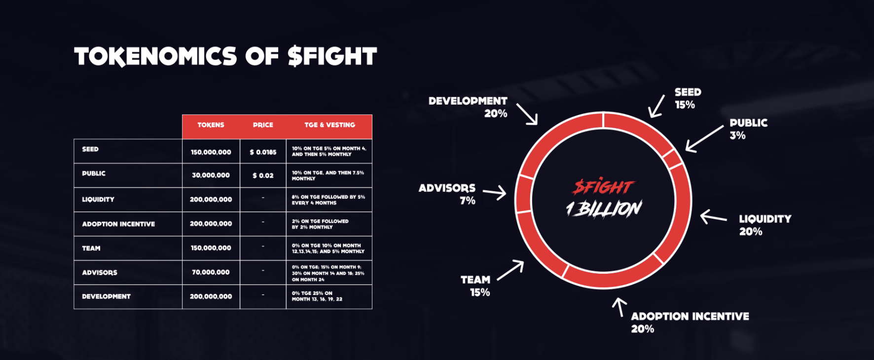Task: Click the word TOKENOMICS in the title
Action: click(x=155, y=56)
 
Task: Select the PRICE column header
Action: click(x=263, y=125)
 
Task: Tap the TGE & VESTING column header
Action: click(x=329, y=125)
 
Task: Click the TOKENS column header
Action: click(x=211, y=125)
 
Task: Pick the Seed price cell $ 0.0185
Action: click(x=263, y=152)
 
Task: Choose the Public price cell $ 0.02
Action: click(x=263, y=176)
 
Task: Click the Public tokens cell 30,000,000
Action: click(x=211, y=175)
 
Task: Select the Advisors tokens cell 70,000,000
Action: click(x=211, y=272)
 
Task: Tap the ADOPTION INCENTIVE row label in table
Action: click(x=118, y=224)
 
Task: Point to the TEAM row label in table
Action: click(x=91, y=248)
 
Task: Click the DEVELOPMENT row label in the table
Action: click(x=106, y=296)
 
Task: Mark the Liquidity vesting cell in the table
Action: click(x=328, y=200)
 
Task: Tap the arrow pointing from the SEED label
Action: click(x=656, y=106)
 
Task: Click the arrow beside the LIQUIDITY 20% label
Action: click(x=713, y=217)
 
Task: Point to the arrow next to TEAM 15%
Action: click(x=510, y=270)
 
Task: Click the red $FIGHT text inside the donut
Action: click(x=603, y=186)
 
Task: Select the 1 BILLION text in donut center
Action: click(x=604, y=209)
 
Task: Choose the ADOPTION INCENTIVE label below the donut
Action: click(x=690, y=316)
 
